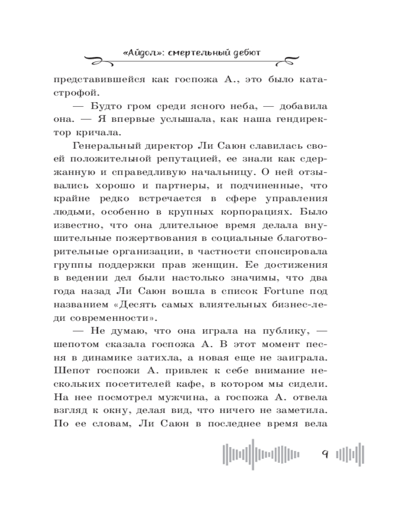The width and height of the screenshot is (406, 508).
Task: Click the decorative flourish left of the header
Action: tap(101, 57)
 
